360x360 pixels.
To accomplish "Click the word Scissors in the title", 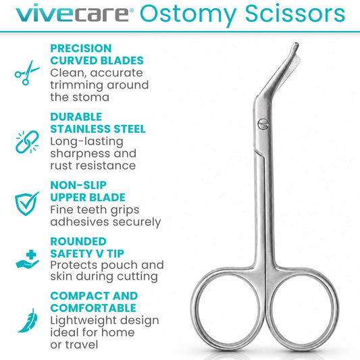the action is click(294, 13).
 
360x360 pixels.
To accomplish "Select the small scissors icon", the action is click(27, 73).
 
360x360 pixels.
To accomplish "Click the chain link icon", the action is click(27, 142).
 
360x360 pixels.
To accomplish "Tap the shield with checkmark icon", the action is click(26, 203).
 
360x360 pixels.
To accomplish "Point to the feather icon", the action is click(28, 321).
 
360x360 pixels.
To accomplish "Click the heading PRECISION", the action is click(81, 49).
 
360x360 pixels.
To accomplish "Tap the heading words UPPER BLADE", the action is click(88, 197).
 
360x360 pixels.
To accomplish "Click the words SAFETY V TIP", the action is click(87, 254).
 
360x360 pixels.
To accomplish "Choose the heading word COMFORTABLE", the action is click(93, 308).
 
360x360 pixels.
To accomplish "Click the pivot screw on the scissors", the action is click(263, 124).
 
